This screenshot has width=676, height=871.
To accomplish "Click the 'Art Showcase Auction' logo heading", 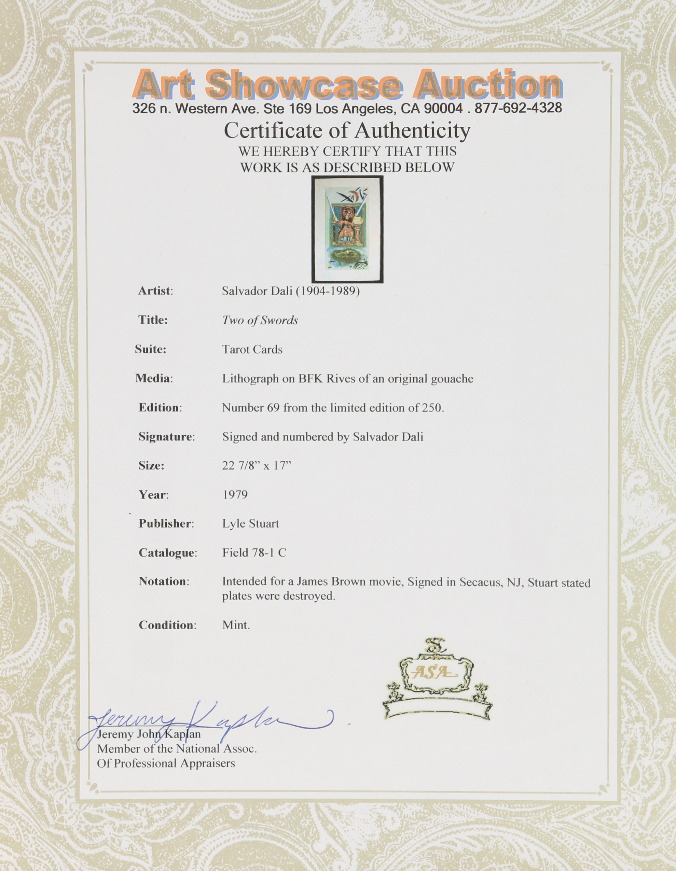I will click(x=347, y=85).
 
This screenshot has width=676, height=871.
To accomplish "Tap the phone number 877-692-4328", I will click(x=518, y=108).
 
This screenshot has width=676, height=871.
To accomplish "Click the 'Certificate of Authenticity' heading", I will click(x=347, y=130).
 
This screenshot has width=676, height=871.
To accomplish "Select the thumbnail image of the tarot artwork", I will click(x=347, y=229).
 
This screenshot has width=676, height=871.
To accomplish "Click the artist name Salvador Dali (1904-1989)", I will click(x=290, y=291).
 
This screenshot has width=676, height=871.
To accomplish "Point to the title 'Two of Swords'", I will click(x=260, y=320).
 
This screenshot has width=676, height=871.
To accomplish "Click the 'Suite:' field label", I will click(x=150, y=349).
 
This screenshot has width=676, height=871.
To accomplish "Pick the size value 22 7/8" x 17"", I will click(x=257, y=465).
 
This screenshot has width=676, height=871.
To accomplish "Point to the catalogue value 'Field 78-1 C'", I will click(x=254, y=553).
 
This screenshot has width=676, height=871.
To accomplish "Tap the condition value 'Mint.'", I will click(x=236, y=625).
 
